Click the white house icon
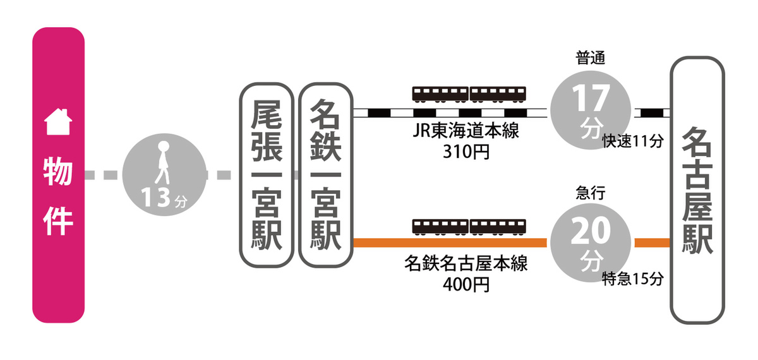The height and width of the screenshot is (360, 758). click(x=57, y=122)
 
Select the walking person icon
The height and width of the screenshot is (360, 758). click(x=162, y=161)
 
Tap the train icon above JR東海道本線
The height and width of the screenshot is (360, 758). click(x=469, y=94)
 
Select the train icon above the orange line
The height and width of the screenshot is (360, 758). click(x=469, y=227)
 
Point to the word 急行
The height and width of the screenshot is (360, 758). click(x=591, y=193)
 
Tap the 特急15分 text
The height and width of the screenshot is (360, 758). click(x=632, y=278)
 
